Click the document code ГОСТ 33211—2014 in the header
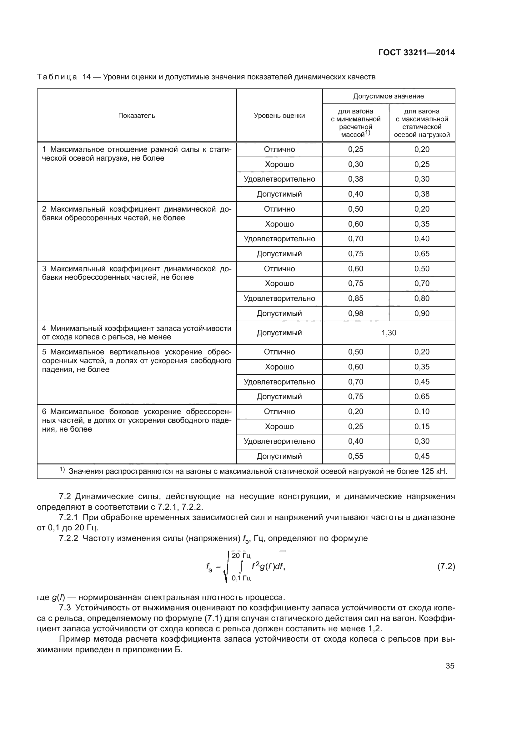tap(416, 53)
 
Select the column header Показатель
tap(137, 116)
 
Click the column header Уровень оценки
tap(279, 116)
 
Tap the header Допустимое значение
tap(389, 96)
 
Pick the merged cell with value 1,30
tap(389, 333)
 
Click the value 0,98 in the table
tap(356, 313)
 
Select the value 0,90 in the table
tap(422, 313)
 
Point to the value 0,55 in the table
tap(356, 456)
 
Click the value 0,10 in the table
tap(422, 411)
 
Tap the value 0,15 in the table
tap(422, 426)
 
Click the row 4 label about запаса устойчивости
tap(137, 333)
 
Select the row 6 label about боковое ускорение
tap(137, 420)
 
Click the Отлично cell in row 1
tap(279, 149)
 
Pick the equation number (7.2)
tap(446, 566)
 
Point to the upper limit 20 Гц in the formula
tap(241, 556)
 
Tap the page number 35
tap(450, 666)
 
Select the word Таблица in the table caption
tap(57, 77)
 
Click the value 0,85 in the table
tap(356, 298)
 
